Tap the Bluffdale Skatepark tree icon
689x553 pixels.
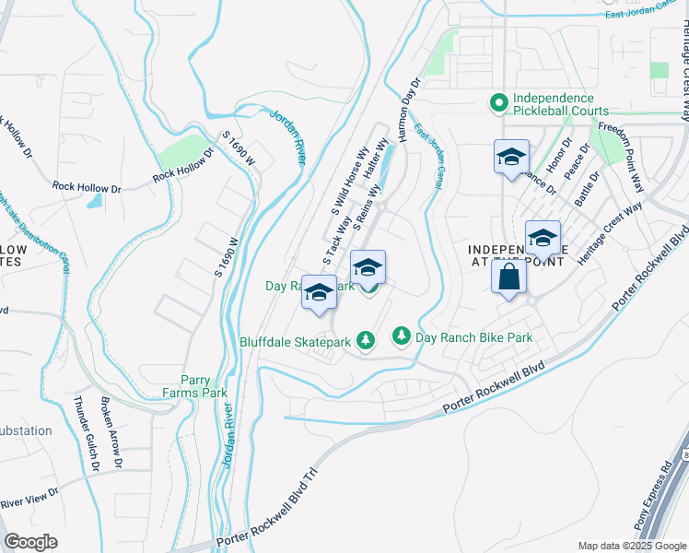366,341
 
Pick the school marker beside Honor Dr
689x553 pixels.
511,157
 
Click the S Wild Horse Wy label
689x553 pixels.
350,179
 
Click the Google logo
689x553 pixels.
30,542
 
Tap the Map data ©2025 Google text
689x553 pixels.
631,546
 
